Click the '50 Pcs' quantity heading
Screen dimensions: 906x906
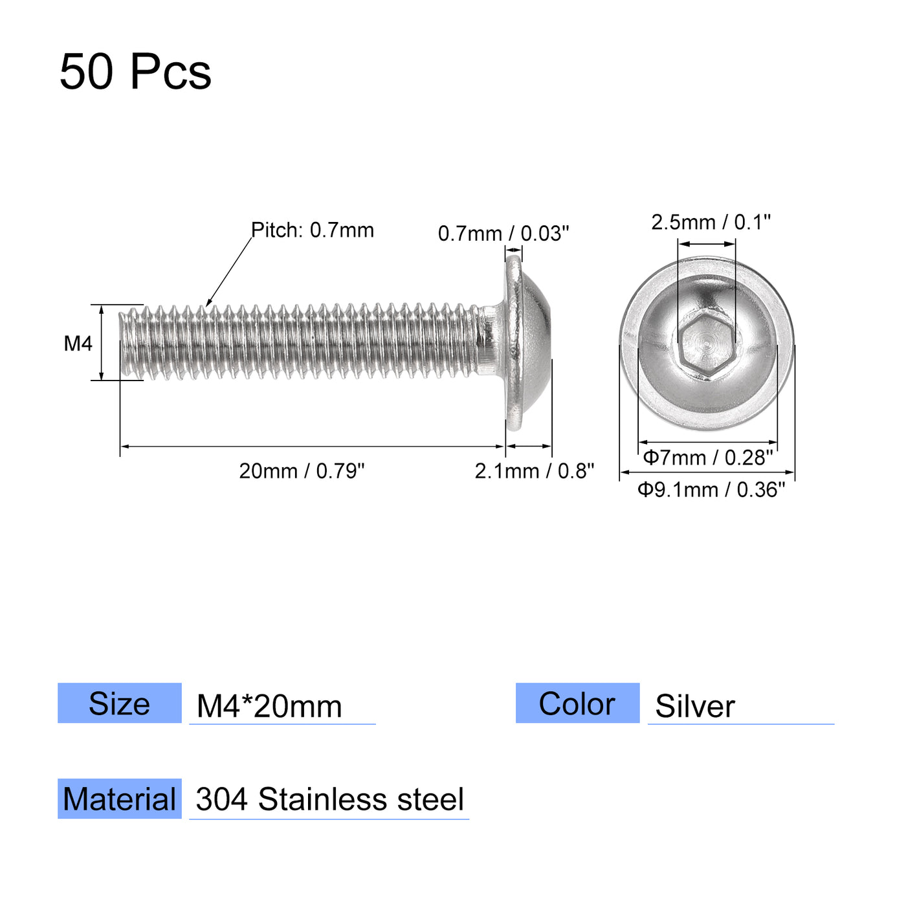pos(135,71)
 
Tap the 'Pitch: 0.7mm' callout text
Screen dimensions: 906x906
pos(313,230)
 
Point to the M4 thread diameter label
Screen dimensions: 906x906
pos(78,344)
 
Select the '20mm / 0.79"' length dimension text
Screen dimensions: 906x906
pos(302,471)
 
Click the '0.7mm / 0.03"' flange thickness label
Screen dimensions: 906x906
pos(503,233)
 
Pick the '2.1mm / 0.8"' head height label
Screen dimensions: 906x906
pos(534,471)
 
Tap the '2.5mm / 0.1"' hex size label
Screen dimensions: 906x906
pos(711,222)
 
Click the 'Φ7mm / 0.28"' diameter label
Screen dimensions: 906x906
pos(708,458)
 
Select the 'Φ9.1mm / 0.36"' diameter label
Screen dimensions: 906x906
pos(711,490)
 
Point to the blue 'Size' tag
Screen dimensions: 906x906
pos(120,703)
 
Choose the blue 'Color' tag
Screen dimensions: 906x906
pos(577,703)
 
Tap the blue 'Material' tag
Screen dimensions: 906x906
pos(120,799)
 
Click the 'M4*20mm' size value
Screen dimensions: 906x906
pos(269,706)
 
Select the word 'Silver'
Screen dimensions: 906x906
pos(694,706)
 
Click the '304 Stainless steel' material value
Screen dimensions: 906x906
pos(329,800)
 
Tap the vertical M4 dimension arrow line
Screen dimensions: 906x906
pos(102,343)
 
